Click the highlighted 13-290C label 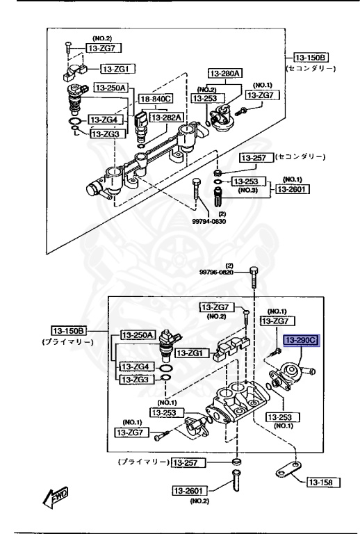[x=302, y=340]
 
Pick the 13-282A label [x=166, y=117]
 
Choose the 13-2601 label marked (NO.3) [x=293, y=188]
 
